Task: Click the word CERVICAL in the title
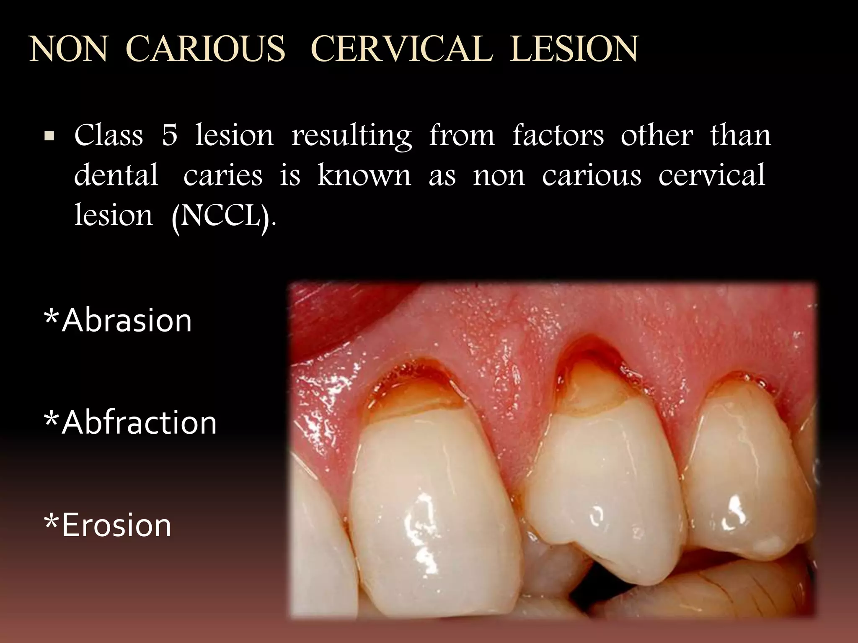coord(401,49)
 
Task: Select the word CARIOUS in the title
coord(205,49)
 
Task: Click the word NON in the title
coord(68,49)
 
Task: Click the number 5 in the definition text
coord(169,135)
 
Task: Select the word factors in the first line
coord(558,135)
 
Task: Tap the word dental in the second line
coord(116,175)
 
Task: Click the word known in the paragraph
coord(364,175)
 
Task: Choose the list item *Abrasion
coord(118,321)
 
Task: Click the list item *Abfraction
coord(130,423)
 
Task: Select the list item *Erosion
coord(108,525)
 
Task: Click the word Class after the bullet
coord(109,135)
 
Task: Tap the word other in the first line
coord(656,135)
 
